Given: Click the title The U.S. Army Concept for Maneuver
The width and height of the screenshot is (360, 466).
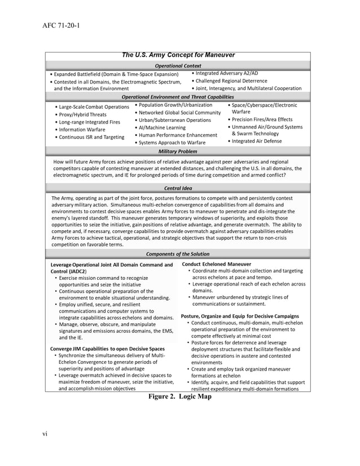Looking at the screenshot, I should point(178,55).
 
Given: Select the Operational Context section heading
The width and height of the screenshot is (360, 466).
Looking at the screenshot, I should point(178,65).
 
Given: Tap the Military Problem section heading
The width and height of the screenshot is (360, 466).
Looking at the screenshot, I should point(178,151).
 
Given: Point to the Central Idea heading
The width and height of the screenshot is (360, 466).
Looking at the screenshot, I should point(178,187).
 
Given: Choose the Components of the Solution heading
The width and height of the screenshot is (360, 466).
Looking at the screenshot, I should point(178,254).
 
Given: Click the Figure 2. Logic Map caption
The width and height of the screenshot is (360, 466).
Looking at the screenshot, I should point(179,397).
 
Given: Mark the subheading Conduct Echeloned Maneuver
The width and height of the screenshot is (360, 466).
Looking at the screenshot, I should point(217,264).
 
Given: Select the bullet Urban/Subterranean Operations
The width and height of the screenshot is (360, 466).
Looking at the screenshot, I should point(175,120).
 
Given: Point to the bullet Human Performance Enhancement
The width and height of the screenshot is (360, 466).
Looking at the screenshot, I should point(178,135).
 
